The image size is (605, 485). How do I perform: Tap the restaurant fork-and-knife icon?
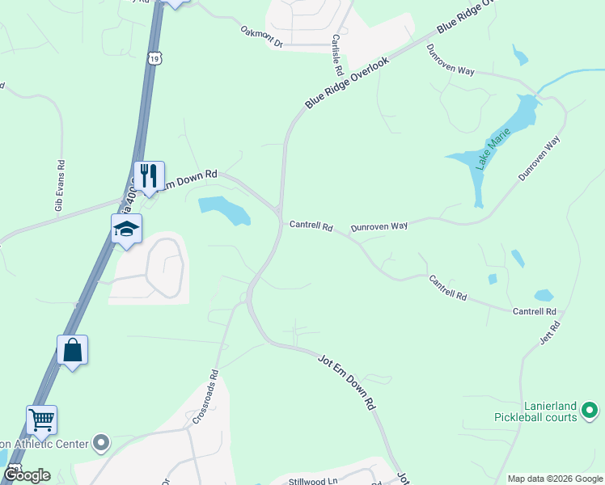149,175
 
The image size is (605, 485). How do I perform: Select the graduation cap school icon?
127,229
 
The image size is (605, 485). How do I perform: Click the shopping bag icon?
72,350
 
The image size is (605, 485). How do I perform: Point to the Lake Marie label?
490,151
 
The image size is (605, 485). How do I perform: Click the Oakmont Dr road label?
261,36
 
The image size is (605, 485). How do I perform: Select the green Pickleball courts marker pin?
590,412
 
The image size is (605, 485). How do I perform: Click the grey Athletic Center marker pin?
100,442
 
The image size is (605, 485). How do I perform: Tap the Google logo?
26,475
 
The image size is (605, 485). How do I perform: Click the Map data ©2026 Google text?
554,479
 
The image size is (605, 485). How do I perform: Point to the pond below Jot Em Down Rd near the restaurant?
224,210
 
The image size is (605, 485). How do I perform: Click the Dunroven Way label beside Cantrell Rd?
380,227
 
